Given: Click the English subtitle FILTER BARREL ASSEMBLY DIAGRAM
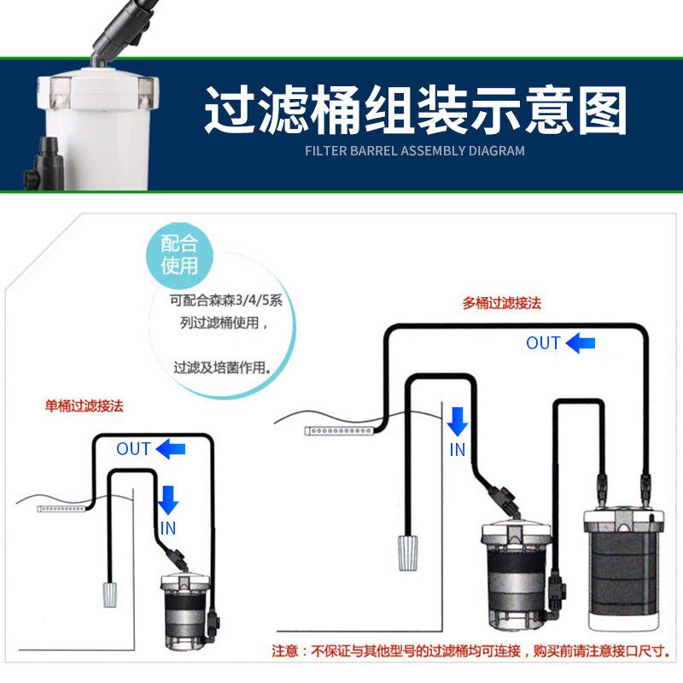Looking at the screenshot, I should point(415,151).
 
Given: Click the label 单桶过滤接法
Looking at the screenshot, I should point(84,406).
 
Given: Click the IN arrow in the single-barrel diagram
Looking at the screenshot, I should point(167,499).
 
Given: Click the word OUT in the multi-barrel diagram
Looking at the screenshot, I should point(543,343).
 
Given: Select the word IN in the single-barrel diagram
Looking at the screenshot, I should point(168,528).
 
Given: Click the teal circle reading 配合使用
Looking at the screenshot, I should point(179,254).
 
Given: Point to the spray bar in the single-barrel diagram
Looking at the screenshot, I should point(61,509).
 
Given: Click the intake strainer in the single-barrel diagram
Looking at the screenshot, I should point(110,593).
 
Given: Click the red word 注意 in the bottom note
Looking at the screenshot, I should point(287,651).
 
